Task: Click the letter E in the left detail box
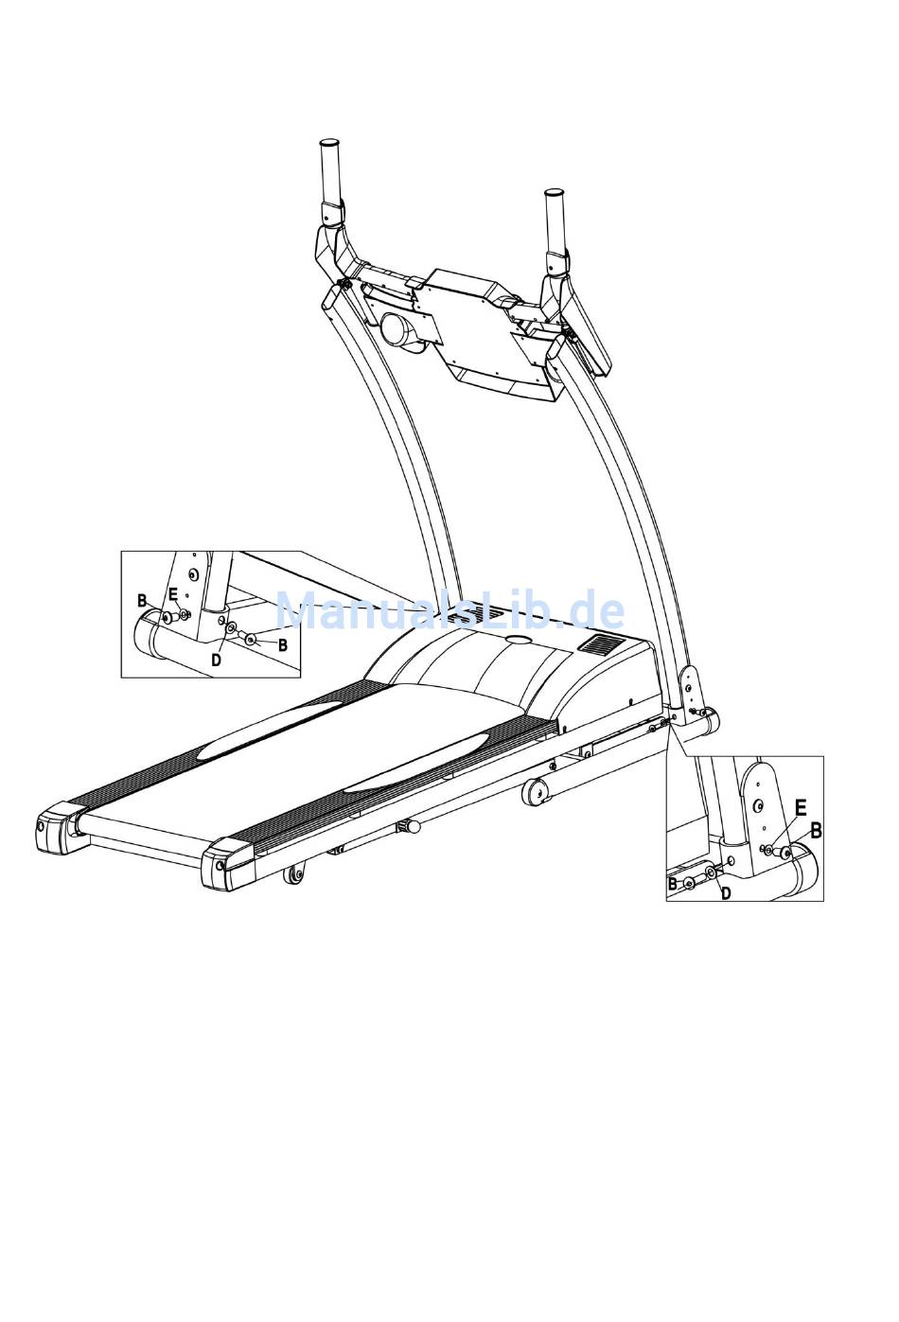tap(173, 594)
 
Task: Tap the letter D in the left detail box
tap(216, 660)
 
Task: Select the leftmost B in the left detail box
tap(142, 601)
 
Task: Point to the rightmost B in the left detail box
tap(282, 644)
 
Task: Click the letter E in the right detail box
tap(800, 807)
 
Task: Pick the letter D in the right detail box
tap(726, 892)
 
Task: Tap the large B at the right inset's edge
tap(816, 830)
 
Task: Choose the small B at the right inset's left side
tap(673, 884)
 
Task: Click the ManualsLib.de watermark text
tap(449, 611)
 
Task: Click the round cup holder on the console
tap(397, 331)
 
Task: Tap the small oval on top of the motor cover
tap(519, 640)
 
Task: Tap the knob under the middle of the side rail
tap(411, 827)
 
